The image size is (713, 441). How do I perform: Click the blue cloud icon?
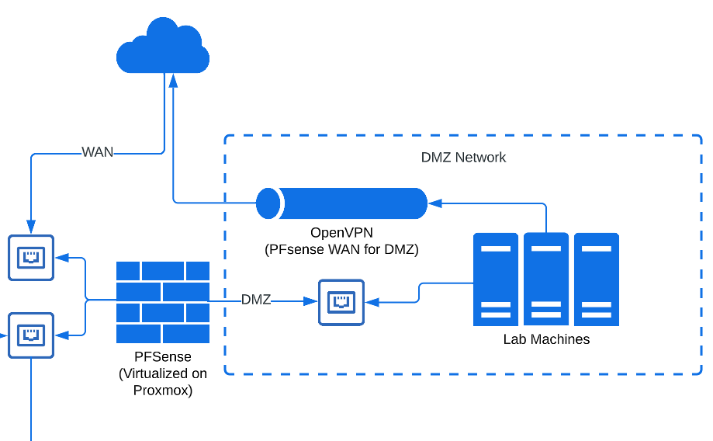click(x=163, y=48)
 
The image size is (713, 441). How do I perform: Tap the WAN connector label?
click(x=98, y=152)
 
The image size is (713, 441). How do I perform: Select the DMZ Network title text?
click(x=463, y=158)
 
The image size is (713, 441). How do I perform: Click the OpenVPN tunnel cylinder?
click(x=342, y=203)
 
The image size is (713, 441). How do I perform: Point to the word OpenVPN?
click(x=341, y=232)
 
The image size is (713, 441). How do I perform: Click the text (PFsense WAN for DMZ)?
click(x=341, y=249)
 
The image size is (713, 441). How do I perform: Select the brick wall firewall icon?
click(x=163, y=302)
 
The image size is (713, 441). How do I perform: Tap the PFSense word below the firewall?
click(x=163, y=357)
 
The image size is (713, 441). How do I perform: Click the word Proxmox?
click(x=163, y=390)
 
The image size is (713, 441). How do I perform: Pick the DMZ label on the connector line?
click(x=256, y=300)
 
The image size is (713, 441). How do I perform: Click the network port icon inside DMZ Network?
click(x=341, y=302)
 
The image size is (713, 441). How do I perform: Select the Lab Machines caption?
click(x=546, y=339)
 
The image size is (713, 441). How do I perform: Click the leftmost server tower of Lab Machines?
click(x=496, y=279)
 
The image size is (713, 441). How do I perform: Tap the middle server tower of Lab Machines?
click(x=546, y=279)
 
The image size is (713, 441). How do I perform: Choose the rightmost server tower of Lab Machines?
click(x=597, y=279)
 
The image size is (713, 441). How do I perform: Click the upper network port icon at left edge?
click(x=31, y=257)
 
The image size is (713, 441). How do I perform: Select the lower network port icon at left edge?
click(x=31, y=335)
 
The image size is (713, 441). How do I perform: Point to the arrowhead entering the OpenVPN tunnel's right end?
click(x=434, y=203)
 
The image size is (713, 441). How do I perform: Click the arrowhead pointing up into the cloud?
click(x=174, y=80)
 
